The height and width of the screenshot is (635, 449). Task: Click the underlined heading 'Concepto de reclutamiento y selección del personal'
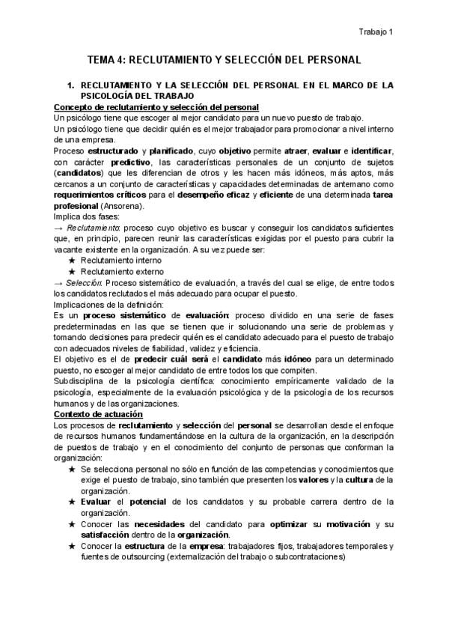[x=157, y=107]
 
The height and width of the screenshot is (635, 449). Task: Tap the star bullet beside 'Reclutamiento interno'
[x=72, y=261]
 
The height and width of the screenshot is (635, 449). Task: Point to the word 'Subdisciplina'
[x=80, y=381]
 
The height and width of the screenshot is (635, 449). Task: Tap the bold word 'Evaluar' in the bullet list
[x=97, y=502]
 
